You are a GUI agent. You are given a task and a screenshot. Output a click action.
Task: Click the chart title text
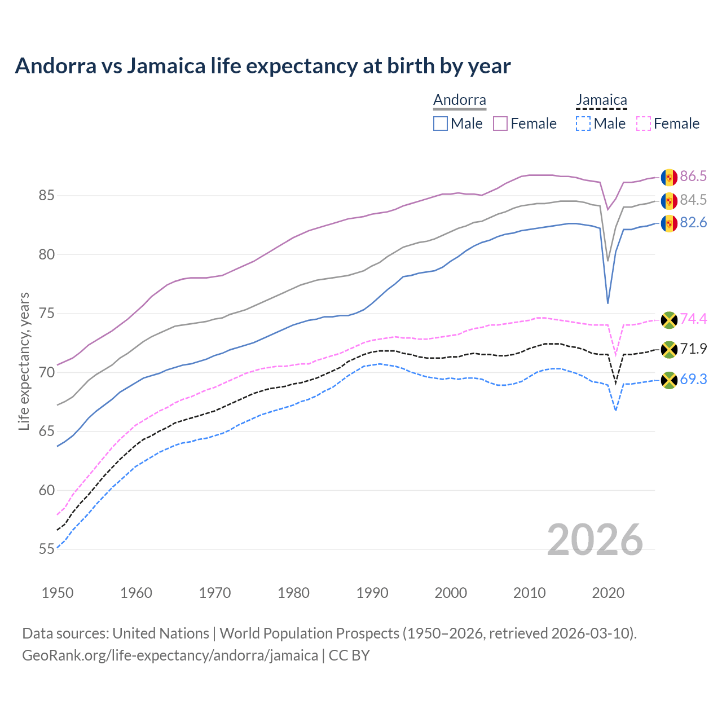click(262, 66)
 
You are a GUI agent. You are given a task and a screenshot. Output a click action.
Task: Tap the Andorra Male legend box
click(441, 124)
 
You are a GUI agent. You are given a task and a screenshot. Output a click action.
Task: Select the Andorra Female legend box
click(500, 124)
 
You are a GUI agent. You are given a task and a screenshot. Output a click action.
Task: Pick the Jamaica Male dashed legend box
click(583, 124)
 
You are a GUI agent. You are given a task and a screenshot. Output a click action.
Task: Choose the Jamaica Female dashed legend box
click(643, 124)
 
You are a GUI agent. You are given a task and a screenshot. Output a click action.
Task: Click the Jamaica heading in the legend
click(601, 100)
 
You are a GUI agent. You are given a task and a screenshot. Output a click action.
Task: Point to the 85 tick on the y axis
click(46, 196)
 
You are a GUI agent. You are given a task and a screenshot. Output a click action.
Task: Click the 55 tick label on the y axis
click(46, 549)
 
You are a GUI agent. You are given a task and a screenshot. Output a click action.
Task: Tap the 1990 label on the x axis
click(372, 593)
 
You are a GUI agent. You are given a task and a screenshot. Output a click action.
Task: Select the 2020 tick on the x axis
click(608, 593)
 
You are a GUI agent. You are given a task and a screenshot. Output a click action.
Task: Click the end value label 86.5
click(693, 177)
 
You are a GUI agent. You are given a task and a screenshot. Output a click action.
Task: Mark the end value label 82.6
click(693, 223)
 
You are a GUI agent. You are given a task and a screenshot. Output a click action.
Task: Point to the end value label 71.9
click(693, 349)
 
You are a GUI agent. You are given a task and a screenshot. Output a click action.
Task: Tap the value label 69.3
click(693, 379)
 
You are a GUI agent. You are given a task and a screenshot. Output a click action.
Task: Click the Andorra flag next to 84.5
click(669, 200)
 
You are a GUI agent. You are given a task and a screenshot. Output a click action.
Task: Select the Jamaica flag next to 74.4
click(669, 320)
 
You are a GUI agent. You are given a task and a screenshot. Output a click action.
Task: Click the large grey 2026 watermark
click(595, 540)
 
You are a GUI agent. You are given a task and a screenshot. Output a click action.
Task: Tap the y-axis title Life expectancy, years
click(24, 361)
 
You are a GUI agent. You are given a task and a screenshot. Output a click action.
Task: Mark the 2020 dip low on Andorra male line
click(607, 303)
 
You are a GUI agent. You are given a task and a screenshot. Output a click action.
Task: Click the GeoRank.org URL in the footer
click(170, 655)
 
